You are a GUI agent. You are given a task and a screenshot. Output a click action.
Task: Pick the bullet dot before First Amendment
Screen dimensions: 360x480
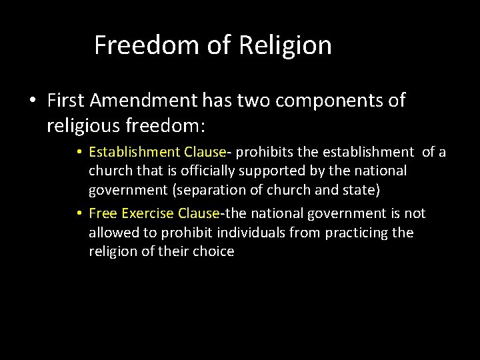pyautogui.click(x=32, y=101)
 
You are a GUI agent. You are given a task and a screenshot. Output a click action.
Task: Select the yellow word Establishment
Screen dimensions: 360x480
pyautogui.click(x=131, y=152)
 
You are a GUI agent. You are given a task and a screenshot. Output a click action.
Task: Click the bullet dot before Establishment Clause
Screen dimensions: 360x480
pyautogui.click(x=79, y=153)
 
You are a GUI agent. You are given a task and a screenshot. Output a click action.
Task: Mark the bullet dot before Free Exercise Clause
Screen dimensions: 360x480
pyautogui.click(x=79, y=214)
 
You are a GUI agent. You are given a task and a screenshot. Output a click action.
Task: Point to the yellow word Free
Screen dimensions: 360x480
pyautogui.click(x=100, y=213)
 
